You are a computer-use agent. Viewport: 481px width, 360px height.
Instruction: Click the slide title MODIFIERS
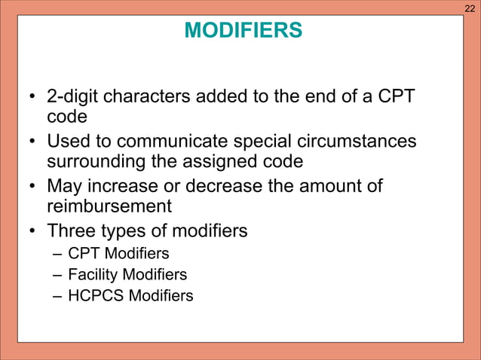point(243,31)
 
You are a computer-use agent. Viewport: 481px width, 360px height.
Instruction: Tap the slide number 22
point(470,8)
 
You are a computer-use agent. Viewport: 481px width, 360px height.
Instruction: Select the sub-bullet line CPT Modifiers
point(118,254)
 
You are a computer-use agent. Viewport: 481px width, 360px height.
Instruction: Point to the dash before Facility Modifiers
point(57,275)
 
